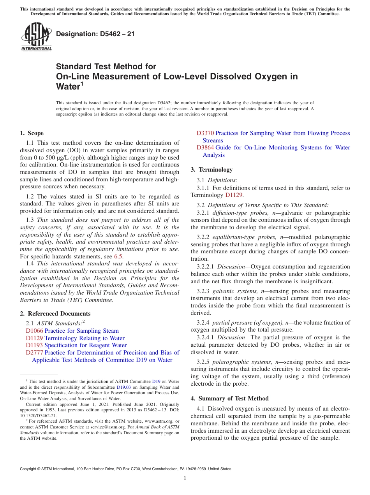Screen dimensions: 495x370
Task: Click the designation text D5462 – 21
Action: point(95,34)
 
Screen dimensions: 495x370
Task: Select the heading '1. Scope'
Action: point(32,133)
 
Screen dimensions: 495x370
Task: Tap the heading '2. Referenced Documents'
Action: point(55,314)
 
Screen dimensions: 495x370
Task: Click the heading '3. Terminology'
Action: point(211,170)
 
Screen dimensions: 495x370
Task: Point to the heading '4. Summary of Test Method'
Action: point(229,398)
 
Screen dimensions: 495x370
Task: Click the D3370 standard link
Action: point(205,133)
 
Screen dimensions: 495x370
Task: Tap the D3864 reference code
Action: point(205,147)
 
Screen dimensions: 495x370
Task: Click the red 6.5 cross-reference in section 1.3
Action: point(118,256)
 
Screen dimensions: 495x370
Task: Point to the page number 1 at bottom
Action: point(185,478)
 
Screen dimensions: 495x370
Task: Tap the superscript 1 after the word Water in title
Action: point(82,84)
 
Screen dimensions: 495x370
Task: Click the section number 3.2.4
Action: point(204,323)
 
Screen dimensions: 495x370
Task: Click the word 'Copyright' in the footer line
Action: point(28,469)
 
